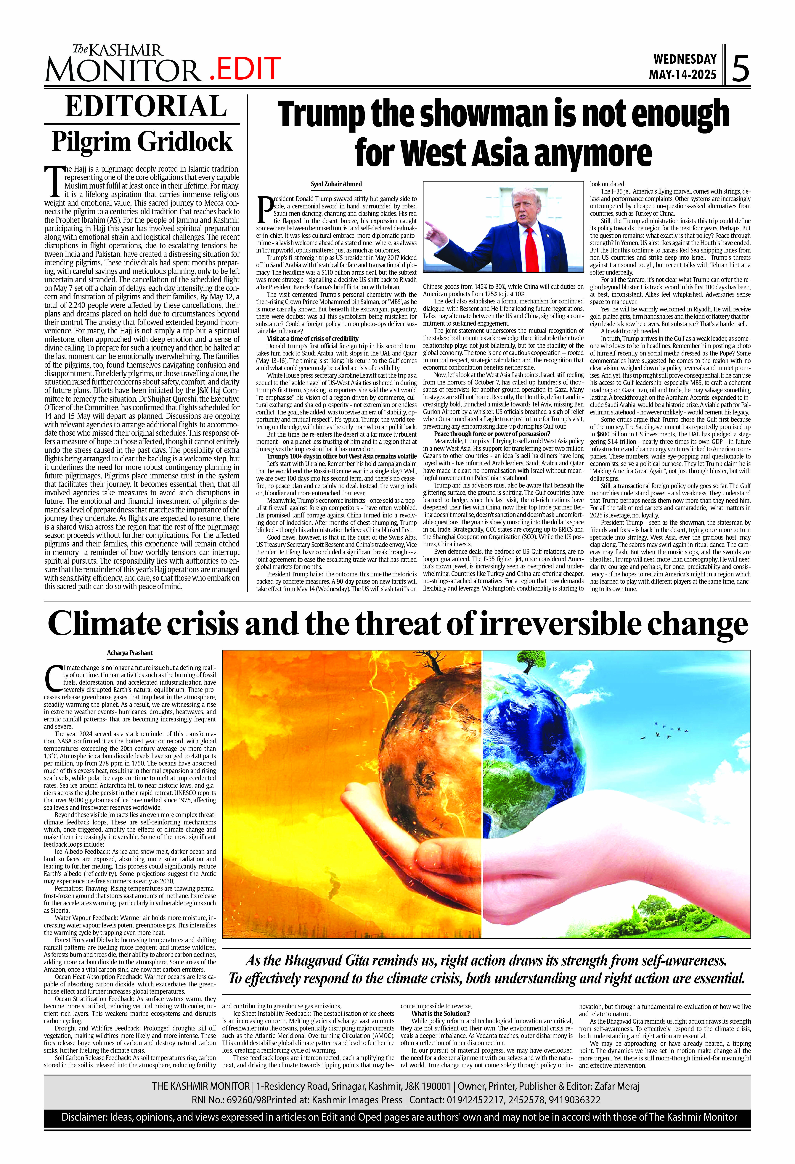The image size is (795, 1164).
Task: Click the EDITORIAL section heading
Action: pos(146,107)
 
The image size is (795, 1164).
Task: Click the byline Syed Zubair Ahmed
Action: pos(336,184)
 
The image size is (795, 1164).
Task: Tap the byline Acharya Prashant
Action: pos(130,653)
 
